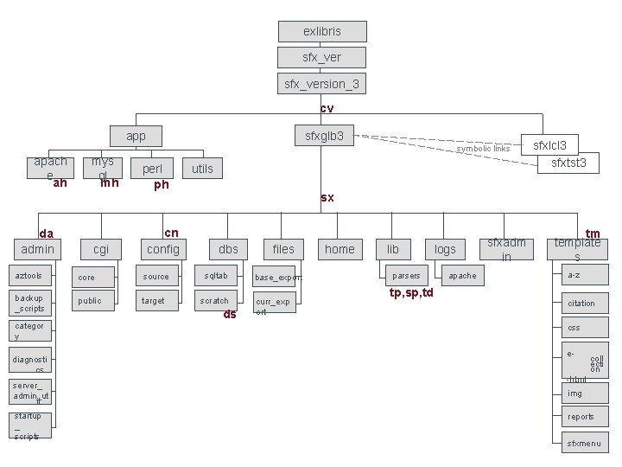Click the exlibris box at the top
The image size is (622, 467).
[x=322, y=31]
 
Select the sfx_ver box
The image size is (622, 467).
[x=322, y=57]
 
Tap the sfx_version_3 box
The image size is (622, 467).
[x=322, y=83]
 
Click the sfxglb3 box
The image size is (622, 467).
[x=324, y=136]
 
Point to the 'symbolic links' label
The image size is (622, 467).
[x=484, y=149]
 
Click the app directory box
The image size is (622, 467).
[x=136, y=136]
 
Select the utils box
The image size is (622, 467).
[x=202, y=168]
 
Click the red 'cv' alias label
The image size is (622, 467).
[x=327, y=109]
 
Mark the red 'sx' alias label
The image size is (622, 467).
[x=327, y=198]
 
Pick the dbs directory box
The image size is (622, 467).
[x=228, y=249]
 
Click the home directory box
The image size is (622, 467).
[x=340, y=249]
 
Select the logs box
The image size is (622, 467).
[x=446, y=249]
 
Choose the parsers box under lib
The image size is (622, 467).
[x=407, y=276]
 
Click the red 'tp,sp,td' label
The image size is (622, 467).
[x=411, y=292]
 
